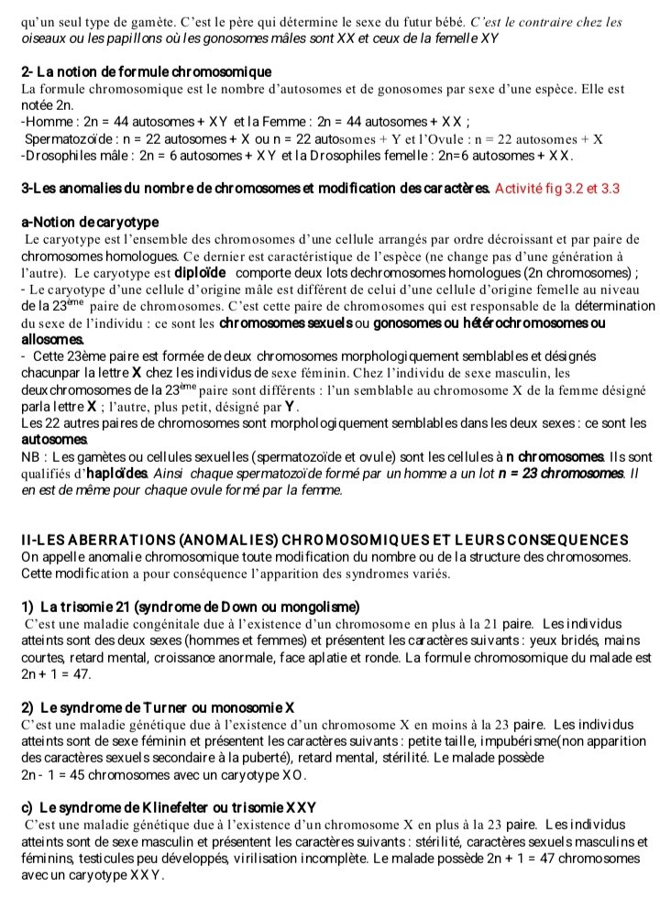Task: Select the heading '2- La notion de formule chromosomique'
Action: click(x=146, y=71)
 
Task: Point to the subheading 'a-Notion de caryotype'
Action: click(x=90, y=222)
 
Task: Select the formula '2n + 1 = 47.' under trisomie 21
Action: click(x=56, y=673)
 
